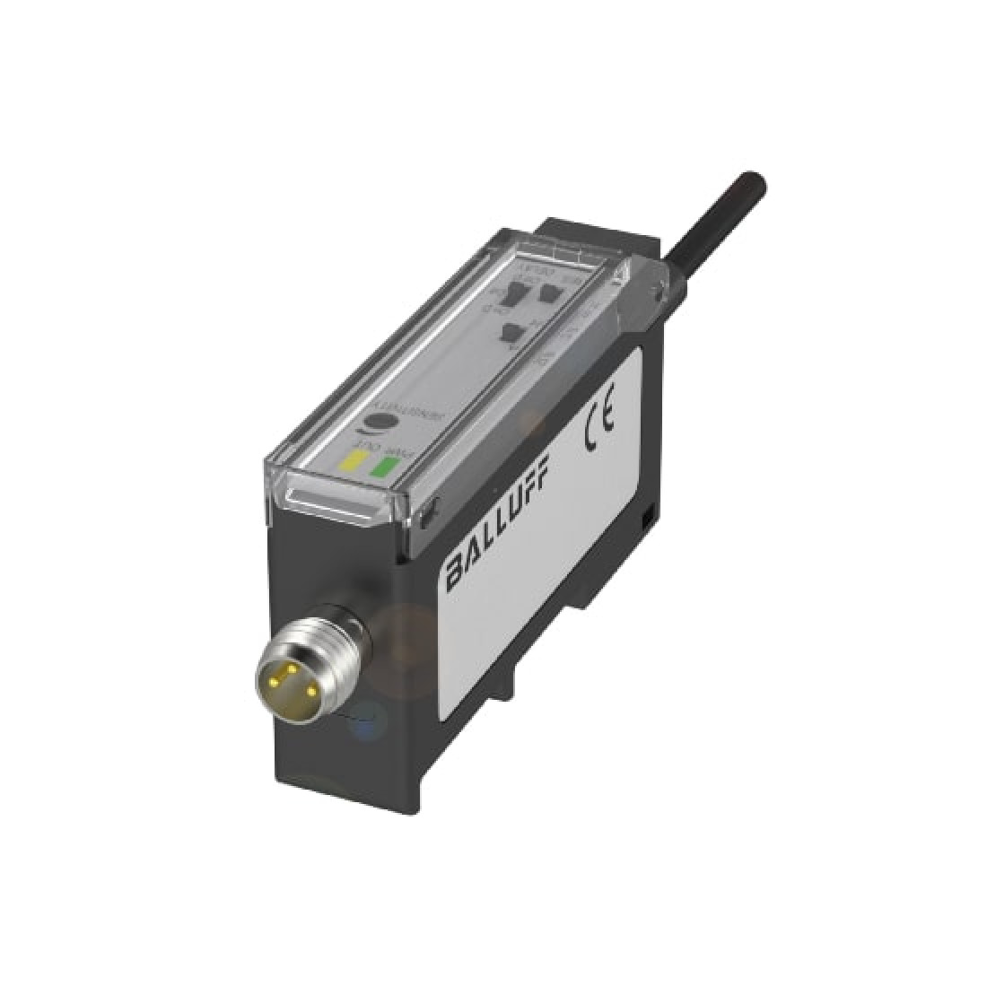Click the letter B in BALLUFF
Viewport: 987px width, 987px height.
[x=456, y=570]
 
